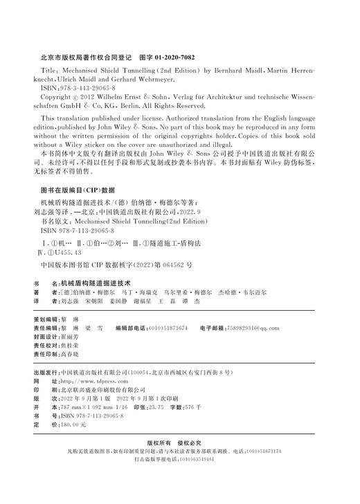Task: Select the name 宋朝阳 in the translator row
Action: [94, 302]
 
